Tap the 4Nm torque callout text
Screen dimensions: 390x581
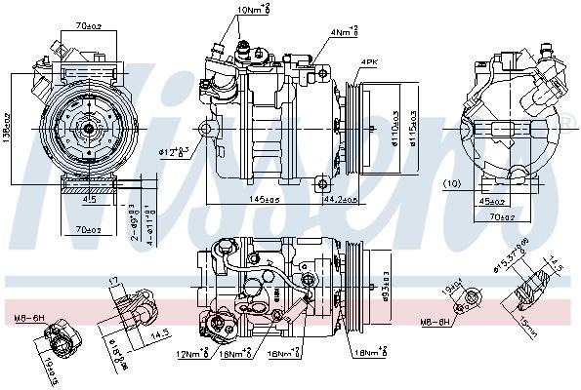343,32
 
